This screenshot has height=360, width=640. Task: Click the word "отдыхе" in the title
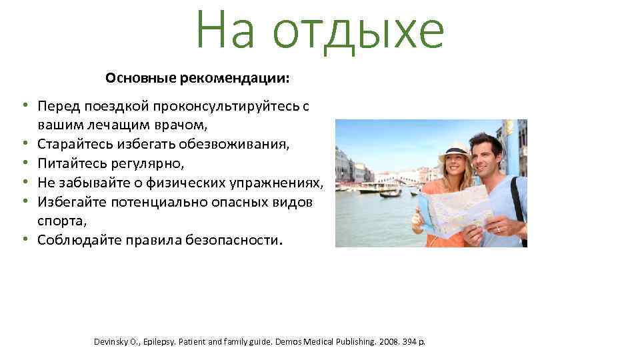click(x=358, y=31)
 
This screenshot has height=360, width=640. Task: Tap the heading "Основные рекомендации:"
click(x=197, y=79)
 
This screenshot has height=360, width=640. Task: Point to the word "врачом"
click(x=187, y=125)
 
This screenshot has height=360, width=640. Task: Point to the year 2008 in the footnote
click(x=387, y=342)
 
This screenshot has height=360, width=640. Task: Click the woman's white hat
click(x=454, y=149)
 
